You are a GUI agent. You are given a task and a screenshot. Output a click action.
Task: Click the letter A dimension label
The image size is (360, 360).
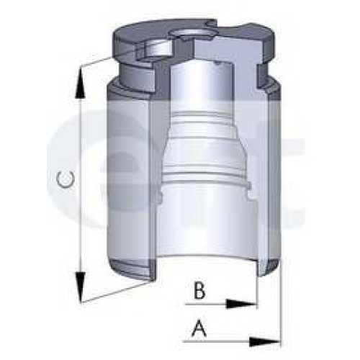tap(199, 328)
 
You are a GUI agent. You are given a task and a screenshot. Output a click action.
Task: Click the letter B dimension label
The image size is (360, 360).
tap(199, 291)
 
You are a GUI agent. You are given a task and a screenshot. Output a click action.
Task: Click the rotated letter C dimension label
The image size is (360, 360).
tap(66, 179)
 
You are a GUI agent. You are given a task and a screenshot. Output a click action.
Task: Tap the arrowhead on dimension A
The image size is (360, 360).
tap(264, 342)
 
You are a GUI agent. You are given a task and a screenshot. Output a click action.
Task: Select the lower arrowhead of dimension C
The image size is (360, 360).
tap(81, 287)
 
